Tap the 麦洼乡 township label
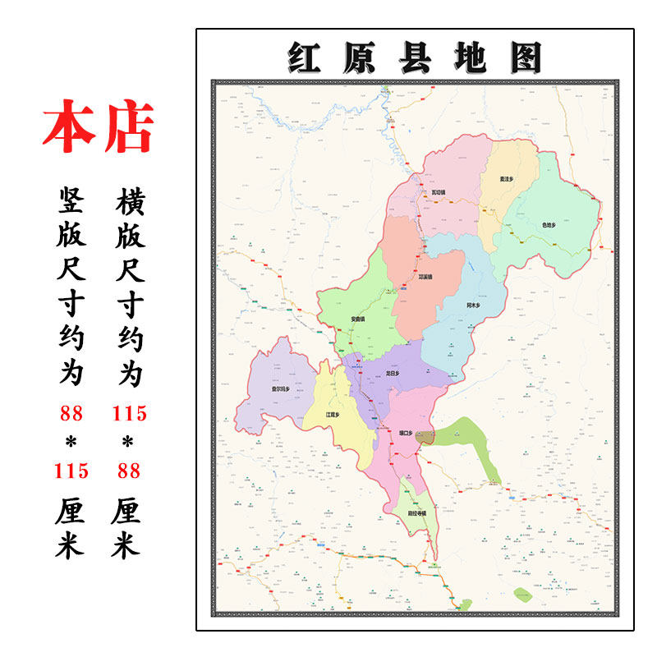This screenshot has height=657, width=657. pyautogui.click(x=507, y=178)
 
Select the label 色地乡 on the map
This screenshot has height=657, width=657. pyautogui.click(x=549, y=224)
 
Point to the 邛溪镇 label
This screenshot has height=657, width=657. pyautogui.click(x=425, y=277)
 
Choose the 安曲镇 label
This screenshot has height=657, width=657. pyautogui.click(x=358, y=319)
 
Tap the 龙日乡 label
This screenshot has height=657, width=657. pyautogui.click(x=392, y=374)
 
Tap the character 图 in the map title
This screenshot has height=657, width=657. pyautogui.click(x=525, y=58)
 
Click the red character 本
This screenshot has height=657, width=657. pyautogui.click(x=69, y=127)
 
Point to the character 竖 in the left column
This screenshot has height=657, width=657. pyautogui.click(x=71, y=200)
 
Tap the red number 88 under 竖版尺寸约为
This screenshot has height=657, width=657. pyautogui.click(x=71, y=413)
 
